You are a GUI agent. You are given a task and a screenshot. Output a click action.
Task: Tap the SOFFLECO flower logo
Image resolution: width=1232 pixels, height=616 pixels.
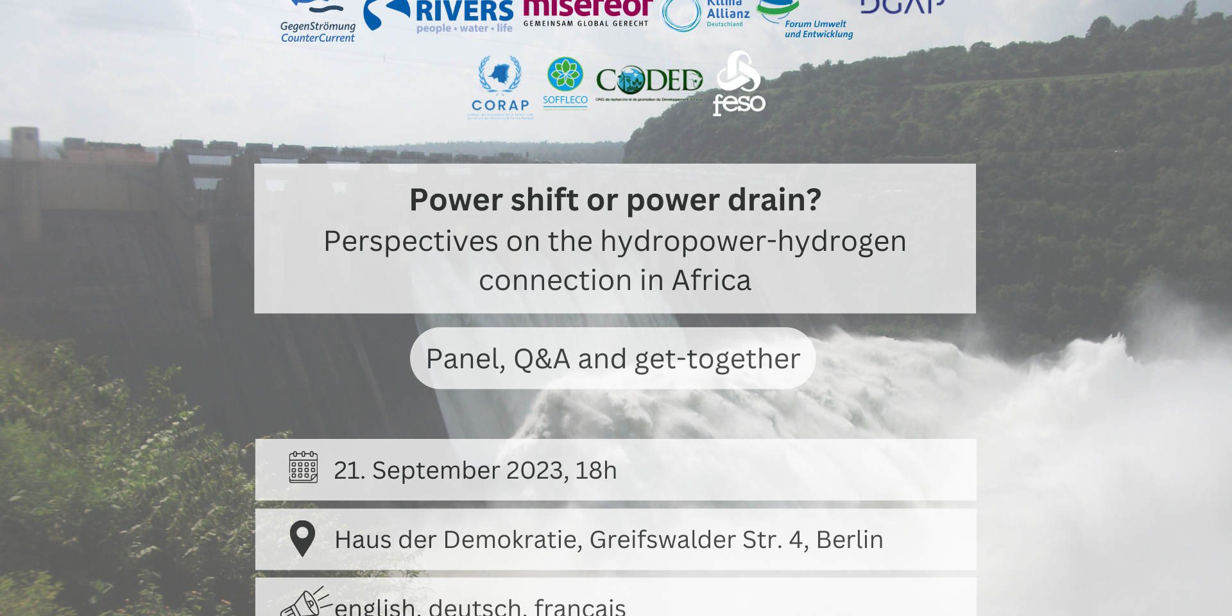(565, 82)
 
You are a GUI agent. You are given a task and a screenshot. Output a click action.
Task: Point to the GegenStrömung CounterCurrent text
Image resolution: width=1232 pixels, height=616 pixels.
(318, 32)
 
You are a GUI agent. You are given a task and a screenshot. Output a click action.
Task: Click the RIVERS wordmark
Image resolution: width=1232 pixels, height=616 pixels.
(464, 11)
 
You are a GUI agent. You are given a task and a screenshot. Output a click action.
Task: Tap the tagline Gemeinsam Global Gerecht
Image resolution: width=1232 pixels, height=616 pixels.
(586, 24)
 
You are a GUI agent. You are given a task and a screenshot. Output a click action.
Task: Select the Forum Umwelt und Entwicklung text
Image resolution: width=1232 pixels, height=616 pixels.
(818, 29)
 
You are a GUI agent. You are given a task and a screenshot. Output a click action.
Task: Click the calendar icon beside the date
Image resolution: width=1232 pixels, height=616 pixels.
(303, 467)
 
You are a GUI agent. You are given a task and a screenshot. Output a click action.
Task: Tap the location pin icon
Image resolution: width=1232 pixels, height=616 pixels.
(302, 538)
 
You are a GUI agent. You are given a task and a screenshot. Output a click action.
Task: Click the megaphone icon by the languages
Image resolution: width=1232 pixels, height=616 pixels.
(305, 603)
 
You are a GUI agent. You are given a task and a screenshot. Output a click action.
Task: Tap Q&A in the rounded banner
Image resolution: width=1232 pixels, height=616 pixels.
(542, 359)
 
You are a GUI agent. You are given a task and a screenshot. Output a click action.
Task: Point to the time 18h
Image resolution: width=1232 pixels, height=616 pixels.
(595, 470)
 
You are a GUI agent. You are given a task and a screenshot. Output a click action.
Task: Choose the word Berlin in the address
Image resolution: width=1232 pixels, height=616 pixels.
(850, 540)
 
